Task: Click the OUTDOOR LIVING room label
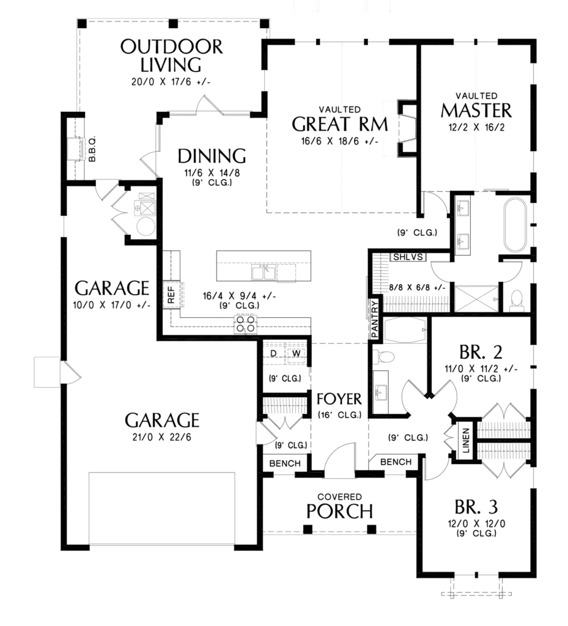(x=171, y=56)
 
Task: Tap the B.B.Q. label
(x=92, y=149)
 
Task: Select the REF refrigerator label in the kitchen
(x=171, y=295)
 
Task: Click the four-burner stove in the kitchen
(x=245, y=323)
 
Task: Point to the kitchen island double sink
(x=264, y=272)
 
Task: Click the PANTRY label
(x=374, y=319)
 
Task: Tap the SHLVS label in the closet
(x=408, y=257)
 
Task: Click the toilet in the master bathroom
(x=517, y=300)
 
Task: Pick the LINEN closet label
(x=466, y=441)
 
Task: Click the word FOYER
(x=339, y=399)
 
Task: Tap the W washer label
(x=296, y=353)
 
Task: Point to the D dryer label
(x=273, y=353)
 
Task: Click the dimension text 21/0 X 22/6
(x=161, y=437)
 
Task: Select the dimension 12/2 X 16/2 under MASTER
(x=476, y=127)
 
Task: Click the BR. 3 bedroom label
(x=476, y=507)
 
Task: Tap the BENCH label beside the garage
(x=285, y=463)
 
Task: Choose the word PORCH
(x=340, y=511)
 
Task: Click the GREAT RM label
(x=340, y=124)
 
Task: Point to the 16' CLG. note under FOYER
(x=340, y=415)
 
